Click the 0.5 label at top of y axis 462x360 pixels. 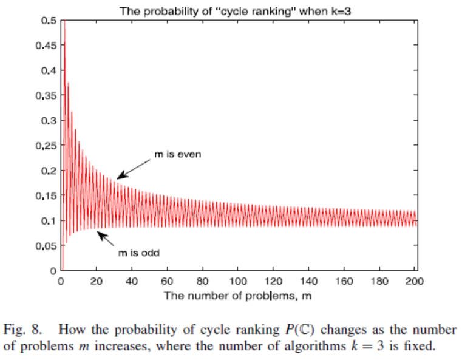[50, 20]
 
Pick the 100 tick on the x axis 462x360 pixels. [238, 282]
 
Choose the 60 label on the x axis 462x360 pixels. [167, 282]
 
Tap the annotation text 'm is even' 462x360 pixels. [178, 154]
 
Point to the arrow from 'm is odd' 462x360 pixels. [106, 238]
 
